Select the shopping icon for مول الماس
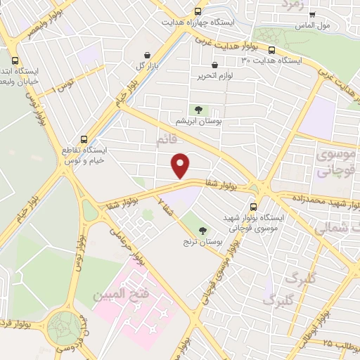coord(312,13)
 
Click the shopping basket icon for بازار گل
coord(146,56)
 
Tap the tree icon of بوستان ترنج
coord(203,231)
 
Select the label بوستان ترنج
coord(202,243)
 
